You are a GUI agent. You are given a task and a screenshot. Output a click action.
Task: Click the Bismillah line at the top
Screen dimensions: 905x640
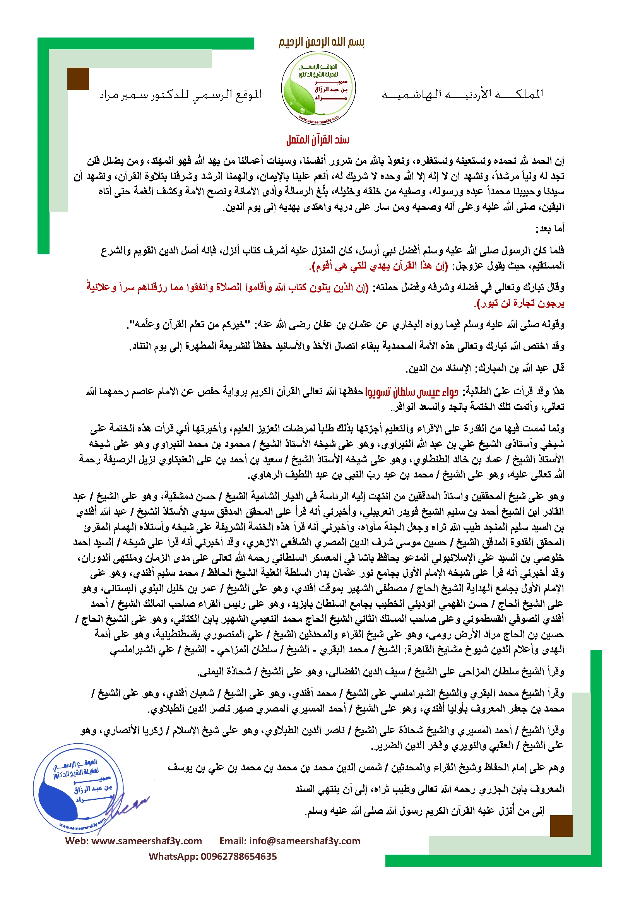(x=321, y=42)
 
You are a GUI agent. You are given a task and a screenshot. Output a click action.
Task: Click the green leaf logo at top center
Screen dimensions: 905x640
(x=318, y=88)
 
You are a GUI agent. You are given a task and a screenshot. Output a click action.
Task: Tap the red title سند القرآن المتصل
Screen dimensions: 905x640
(x=318, y=140)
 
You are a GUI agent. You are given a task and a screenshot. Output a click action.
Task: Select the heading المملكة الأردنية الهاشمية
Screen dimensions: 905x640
(x=462, y=94)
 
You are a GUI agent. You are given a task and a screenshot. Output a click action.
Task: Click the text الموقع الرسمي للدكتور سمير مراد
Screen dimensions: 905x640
(x=180, y=95)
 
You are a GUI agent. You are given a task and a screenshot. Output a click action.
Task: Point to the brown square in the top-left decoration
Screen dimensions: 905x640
(x=78, y=79)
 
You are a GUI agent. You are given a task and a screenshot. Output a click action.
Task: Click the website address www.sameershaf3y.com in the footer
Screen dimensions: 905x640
(x=147, y=841)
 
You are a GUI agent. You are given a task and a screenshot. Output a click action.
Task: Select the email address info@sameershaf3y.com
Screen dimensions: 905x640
(x=305, y=841)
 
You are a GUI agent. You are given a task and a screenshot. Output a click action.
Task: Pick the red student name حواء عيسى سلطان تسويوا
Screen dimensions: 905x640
(x=411, y=392)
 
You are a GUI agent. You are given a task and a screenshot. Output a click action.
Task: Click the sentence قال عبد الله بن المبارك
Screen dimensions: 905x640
(x=485, y=368)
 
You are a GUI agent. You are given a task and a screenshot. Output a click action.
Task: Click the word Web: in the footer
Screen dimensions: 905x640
(x=77, y=841)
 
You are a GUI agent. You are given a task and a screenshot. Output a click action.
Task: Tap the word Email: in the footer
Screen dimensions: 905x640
(x=233, y=841)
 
